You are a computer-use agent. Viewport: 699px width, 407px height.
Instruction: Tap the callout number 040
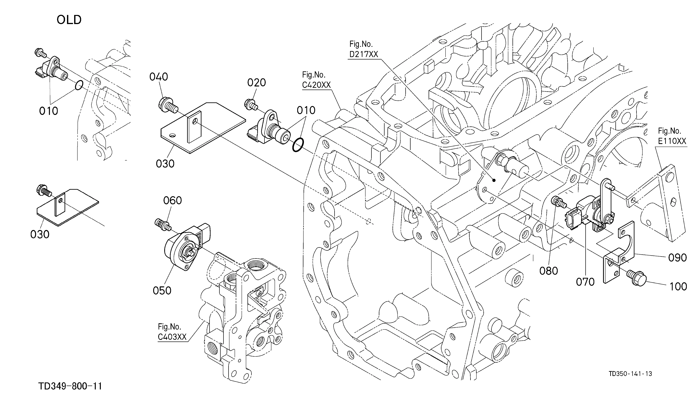[159, 77]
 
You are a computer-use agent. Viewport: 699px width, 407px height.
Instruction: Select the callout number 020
[257, 83]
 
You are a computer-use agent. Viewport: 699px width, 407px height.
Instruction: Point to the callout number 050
[162, 291]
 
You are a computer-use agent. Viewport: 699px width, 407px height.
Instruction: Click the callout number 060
[173, 200]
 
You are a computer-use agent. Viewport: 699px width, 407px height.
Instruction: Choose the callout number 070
[585, 282]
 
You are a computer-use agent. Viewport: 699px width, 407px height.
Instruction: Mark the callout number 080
[549, 271]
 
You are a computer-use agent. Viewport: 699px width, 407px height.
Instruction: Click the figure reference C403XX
[172, 337]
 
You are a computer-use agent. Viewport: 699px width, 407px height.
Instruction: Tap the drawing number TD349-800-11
[70, 386]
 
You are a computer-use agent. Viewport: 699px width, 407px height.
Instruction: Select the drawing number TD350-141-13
[630, 374]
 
